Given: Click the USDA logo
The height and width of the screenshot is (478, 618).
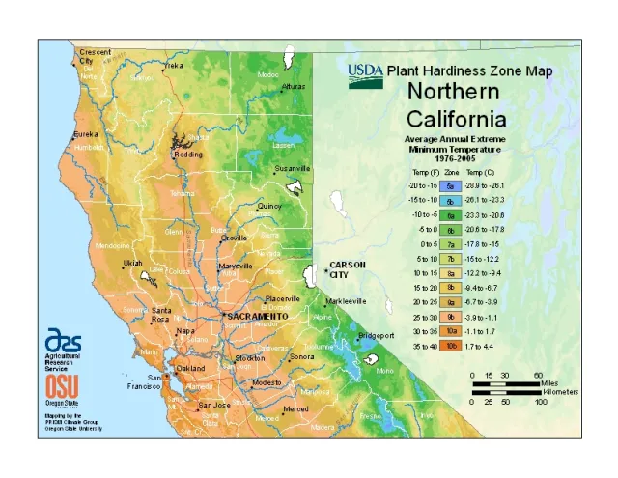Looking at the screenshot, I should (x=366, y=74).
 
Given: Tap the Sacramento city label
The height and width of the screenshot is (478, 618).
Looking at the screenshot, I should (x=257, y=316).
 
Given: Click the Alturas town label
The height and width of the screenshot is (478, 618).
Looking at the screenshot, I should (x=293, y=86).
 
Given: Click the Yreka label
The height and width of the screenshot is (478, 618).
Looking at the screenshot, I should (x=173, y=66).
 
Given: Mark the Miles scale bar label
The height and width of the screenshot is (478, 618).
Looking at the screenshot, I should (x=549, y=383).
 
